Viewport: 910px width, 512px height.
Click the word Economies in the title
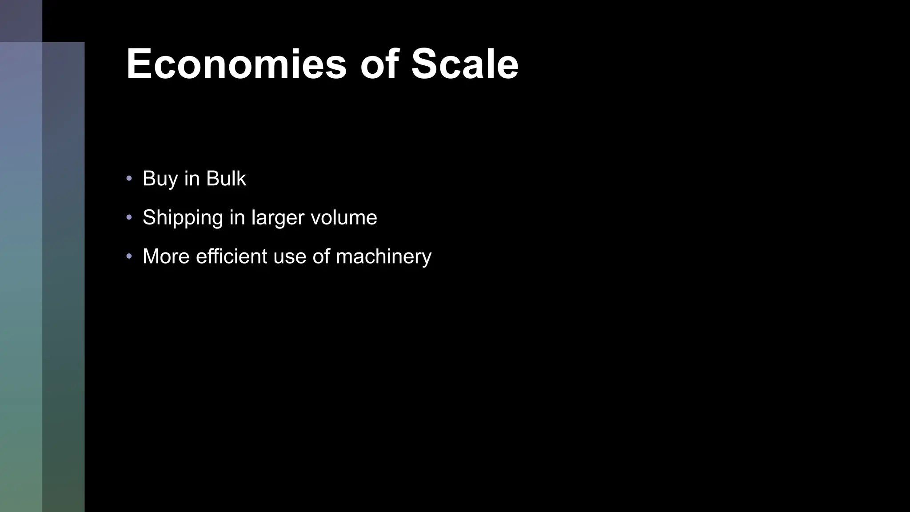click(236, 64)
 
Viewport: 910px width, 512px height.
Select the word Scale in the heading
click(465, 64)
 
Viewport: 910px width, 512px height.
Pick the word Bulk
click(226, 179)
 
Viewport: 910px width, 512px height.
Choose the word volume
click(343, 217)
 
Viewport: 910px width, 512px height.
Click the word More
click(166, 256)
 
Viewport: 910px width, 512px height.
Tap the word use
click(290, 257)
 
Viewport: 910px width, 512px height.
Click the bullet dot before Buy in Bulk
click(129, 179)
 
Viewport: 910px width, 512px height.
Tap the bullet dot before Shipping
click(129, 217)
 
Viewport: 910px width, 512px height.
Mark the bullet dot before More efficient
click(129, 256)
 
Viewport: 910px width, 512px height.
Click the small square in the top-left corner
click(21, 21)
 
